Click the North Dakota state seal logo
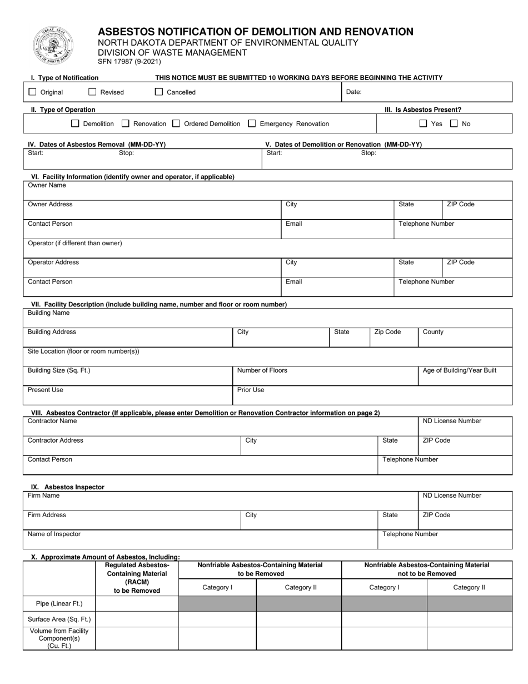53,46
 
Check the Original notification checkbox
32,92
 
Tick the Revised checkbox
92,92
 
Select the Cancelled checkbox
159,92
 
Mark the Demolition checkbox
76,123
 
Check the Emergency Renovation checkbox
252,123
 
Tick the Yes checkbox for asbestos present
423,123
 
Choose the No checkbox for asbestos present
454,123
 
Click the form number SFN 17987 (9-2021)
129,62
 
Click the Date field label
353,92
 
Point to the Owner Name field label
47,185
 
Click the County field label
433,332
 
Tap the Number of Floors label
262,370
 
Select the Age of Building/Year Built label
459,370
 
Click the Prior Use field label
251,390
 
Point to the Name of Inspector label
54,534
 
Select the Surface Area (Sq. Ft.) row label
59,619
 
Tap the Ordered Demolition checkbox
176,123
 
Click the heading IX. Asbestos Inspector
67,487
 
